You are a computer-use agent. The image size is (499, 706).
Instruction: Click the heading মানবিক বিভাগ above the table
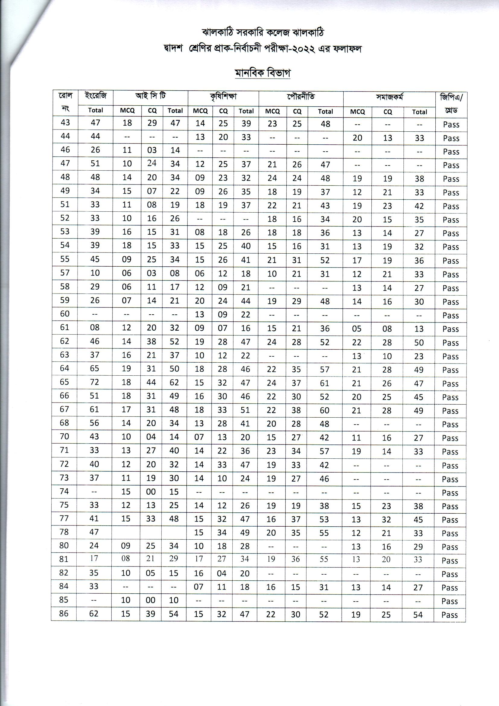click(262, 73)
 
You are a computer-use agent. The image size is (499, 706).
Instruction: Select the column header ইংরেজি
click(96, 96)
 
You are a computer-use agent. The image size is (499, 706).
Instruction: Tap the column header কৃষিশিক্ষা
click(223, 97)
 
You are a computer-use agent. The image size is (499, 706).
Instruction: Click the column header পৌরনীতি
click(301, 97)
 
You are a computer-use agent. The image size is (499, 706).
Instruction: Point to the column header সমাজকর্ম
click(389, 98)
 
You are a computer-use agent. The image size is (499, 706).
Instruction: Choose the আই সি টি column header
click(151, 96)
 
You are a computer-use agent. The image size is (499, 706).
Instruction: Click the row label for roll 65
click(65, 382)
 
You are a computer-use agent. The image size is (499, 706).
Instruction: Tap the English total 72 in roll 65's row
click(95, 382)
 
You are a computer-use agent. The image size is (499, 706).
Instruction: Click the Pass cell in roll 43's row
click(451, 124)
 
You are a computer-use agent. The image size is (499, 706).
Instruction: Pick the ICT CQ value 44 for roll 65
click(151, 382)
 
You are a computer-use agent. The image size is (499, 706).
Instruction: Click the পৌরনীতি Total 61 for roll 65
click(325, 383)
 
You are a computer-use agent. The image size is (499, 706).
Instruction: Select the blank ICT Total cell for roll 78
click(174, 532)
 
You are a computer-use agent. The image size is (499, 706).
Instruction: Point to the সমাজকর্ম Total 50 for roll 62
click(419, 342)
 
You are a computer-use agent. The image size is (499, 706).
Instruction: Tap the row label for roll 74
click(64, 491)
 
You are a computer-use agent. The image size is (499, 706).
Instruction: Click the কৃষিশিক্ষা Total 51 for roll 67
click(245, 410)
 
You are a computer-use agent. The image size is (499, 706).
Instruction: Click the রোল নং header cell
click(65, 103)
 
